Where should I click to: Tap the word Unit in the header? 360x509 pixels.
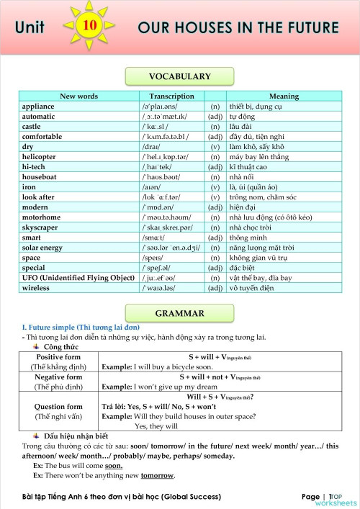tap(29, 28)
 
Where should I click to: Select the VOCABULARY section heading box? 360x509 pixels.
tap(179, 76)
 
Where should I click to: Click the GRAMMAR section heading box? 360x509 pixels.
tap(179, 313)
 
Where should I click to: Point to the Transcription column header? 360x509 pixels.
tap(171, 96)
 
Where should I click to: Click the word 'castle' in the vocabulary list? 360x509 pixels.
tap(33, 126)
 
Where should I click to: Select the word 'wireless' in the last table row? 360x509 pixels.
tap(37, 288)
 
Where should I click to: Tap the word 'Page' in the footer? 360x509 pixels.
tap(310, 497)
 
